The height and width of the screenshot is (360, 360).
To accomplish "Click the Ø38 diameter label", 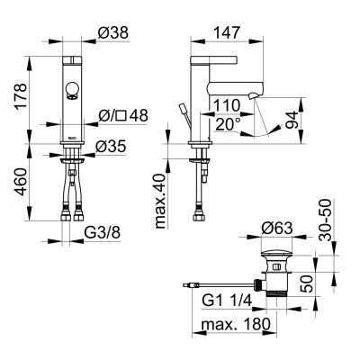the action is pyautogui.click(x=113, y=32).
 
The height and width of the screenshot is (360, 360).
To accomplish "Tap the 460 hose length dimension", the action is pyautogui.click(x=22, y=182).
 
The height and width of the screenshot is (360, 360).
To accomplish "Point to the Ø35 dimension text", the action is pyautogui.click(x=111, y=147).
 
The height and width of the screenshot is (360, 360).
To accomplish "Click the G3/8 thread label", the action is pyautogui.click(x=103, y=233).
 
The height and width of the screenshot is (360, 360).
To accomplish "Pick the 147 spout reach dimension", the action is pyautogui.click(x=227, y=32).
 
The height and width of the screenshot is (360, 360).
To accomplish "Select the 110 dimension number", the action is pyautogui.click(x=227, y=105).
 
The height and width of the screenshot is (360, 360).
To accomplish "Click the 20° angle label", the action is pyautogui.click(x=228, y=124).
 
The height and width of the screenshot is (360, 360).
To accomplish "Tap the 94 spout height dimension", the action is pyautogui.click(x=292, y=120).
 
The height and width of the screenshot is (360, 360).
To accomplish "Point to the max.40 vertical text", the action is pyautogui.click(x=160, y=202).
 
